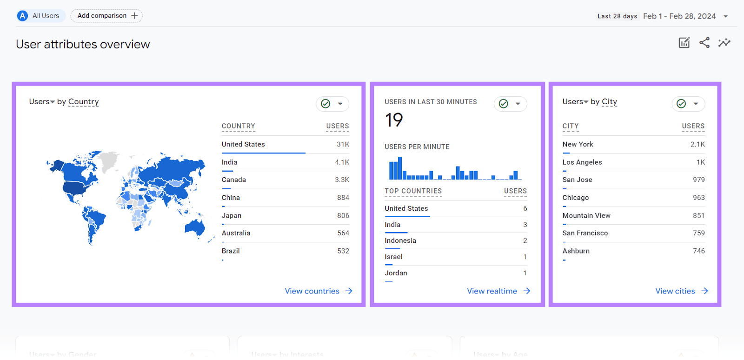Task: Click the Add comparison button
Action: pyautogui.click(x=106, y=16)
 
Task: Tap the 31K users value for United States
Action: pyautogui.click(x=343, y=145)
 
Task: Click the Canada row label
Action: pyautogui.click(x=234, y=180)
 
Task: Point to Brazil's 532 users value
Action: pyautogui.click(x=343, y=251)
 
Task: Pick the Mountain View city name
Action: pyautogui.click(x=586, y=216)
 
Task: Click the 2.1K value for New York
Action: pyautogui.click(x=697, y=145)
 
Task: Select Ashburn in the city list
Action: pyautogui.click(x=576, y=251)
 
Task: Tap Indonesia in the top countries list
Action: pyautogui.click(x=400, y=241)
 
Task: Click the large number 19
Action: pyautogui.click(x=394, y=120)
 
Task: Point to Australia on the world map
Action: pyautogui.click(x=195, y=227)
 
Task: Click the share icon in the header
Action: pyautogui.click(x=704, y=43)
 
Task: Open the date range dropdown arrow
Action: pyautogui.click(x=725, y=16)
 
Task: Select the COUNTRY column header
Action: pyautogui.click(x=239, y=127)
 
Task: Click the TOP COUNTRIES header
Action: pyautogui.click(x=413, y=191)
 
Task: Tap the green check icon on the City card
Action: pyautogui.click(x=681, y=104)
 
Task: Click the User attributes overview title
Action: pyautogui.click(x=83, y=44)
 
